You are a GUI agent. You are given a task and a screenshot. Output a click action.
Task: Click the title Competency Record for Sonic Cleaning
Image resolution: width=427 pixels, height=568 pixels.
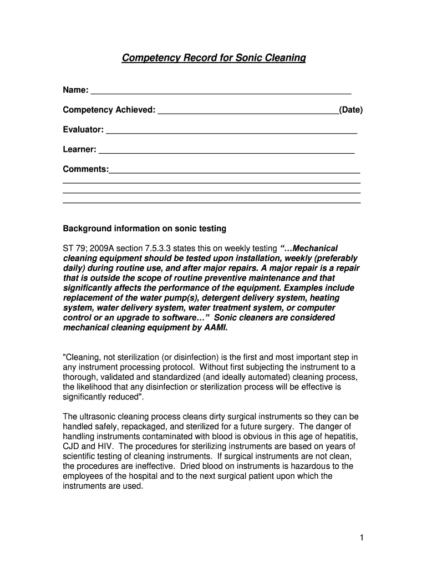point(213,58)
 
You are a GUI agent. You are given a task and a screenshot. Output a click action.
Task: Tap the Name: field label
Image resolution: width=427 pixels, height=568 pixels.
point(75,90)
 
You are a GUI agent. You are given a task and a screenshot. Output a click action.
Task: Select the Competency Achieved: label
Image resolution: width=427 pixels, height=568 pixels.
point(109,110)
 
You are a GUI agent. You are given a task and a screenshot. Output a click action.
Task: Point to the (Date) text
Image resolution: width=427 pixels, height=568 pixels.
point(351,110)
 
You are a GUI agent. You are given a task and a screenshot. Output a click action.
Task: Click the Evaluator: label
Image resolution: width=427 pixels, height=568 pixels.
point(83,130)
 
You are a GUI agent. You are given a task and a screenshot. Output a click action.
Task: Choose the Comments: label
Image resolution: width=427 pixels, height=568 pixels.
point(85,169)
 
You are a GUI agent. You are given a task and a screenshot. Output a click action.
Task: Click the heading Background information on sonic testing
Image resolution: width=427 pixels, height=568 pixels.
point(144,229)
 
